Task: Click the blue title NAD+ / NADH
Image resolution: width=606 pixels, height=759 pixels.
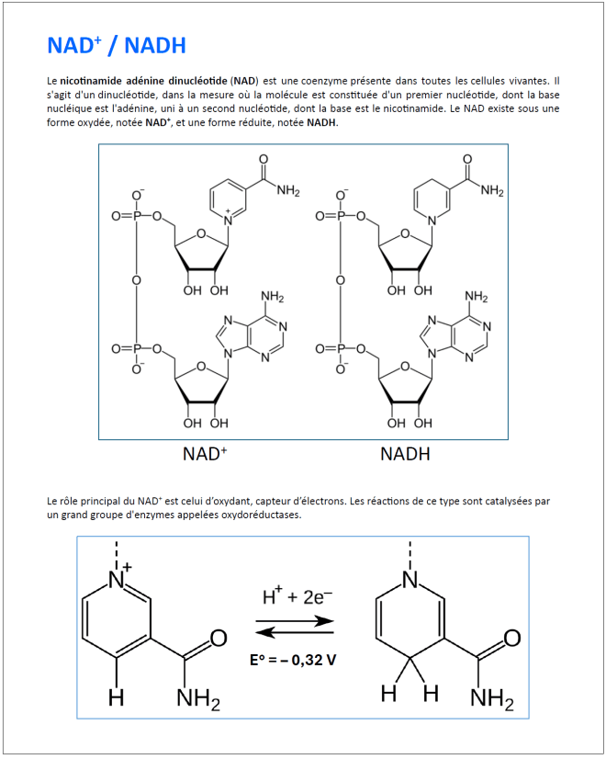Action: [117, 45]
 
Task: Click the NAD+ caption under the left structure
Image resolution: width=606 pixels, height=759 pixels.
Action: [205, 453]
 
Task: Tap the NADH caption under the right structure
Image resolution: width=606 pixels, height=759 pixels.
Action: [405, 453]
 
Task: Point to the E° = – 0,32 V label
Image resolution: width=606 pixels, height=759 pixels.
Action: [293, 660]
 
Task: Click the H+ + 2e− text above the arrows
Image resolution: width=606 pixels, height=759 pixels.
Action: [297, 598]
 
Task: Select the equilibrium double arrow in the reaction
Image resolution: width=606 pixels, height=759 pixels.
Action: [294, 627]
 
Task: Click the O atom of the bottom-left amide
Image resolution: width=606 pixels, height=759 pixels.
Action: [219, 638]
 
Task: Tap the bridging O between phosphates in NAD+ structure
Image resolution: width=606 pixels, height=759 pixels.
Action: [137, 280]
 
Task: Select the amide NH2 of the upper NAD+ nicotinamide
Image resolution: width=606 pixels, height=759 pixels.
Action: [288, 191]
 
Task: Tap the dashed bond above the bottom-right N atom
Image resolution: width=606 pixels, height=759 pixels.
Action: [410, 553]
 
